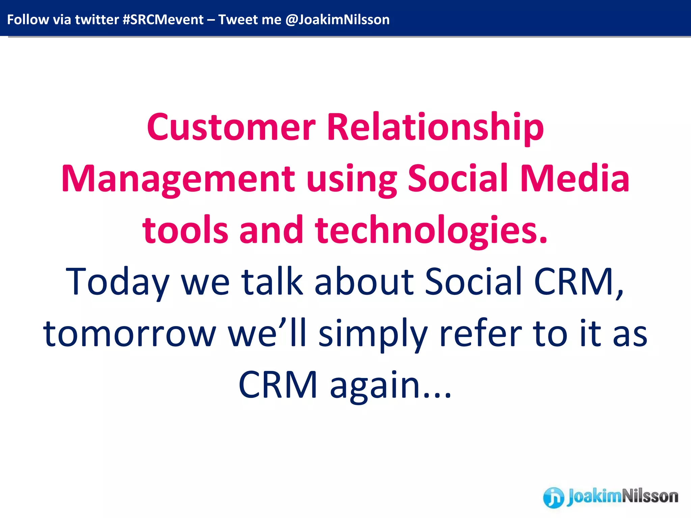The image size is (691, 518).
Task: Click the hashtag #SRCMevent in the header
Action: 163,20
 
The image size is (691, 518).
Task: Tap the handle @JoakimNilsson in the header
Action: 337,20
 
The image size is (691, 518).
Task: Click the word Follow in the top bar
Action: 28,20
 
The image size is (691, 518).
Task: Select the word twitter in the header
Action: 97,20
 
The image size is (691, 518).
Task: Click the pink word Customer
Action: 231,127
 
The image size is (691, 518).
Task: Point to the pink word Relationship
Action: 435,127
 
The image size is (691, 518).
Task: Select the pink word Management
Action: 178,179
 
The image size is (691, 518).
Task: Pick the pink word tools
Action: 185,231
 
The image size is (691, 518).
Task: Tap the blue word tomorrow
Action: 129,334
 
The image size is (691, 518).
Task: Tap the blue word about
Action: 364,281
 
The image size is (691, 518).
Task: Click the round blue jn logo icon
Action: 553,497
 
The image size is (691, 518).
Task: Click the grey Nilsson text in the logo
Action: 649,496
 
